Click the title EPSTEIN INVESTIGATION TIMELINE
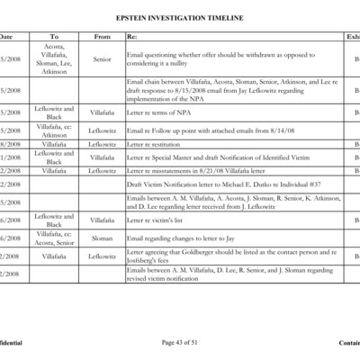click(180, 18)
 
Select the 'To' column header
click(53, 37)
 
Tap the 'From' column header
click(102, 37)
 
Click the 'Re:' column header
click(132, 37)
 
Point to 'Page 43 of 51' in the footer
click(180, 343)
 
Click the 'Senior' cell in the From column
click(102, 59)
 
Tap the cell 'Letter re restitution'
click(152, 143)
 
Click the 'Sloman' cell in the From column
click(102, 238)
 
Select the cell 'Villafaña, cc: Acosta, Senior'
click(53, 238)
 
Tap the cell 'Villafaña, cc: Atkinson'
click(53, 130)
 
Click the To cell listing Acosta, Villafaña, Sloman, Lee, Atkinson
click(53, 59)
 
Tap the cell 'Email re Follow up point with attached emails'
click(207, 130)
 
